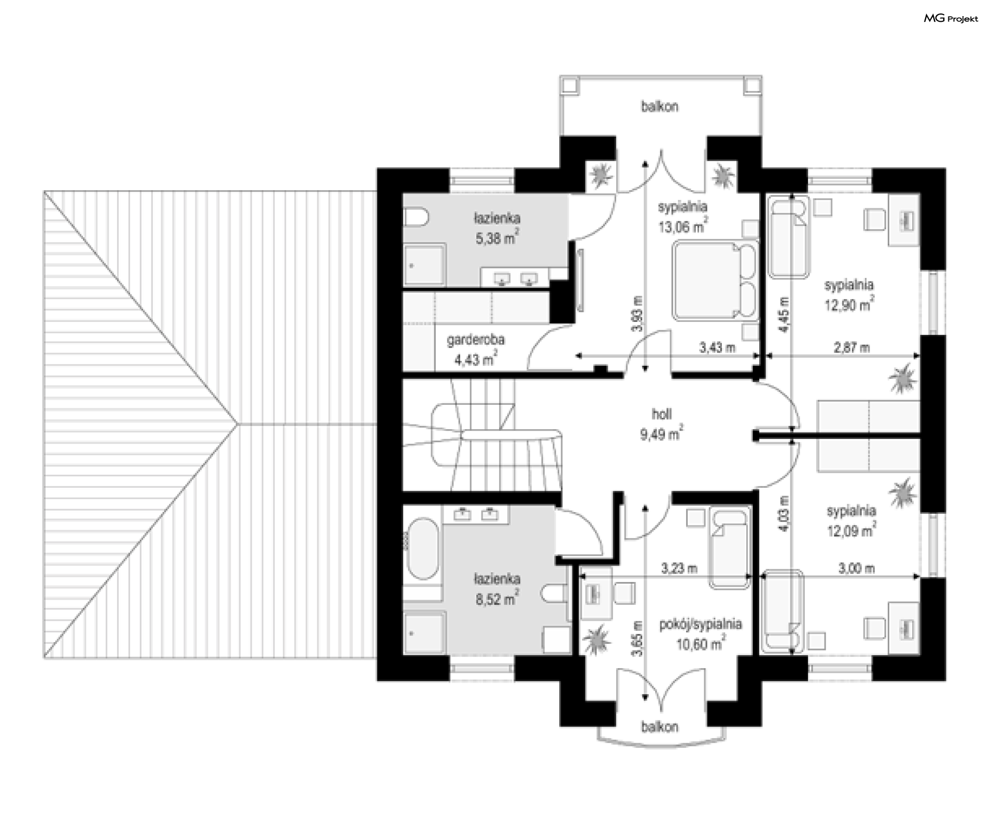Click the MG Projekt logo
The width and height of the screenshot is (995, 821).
coord(951,19)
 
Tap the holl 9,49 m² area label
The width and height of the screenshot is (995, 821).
coord(662,424)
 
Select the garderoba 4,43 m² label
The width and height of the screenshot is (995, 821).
coord(476,350)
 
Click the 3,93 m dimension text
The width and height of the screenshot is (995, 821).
coord(638,314)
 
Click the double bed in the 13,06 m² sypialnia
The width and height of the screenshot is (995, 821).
coord(715,280)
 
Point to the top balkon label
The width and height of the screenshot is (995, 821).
coord(660,107)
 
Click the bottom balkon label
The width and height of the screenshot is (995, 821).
coord(660,727)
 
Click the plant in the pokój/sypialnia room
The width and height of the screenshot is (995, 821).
coord(596,640)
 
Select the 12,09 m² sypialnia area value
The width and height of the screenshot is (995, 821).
coord(851,531)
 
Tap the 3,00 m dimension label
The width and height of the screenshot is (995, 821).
coord(857,569)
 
